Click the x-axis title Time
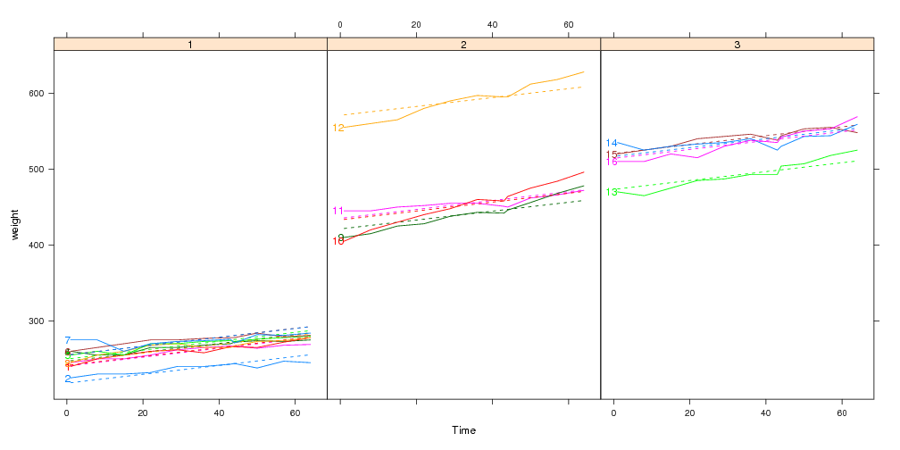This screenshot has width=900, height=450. [463, 430]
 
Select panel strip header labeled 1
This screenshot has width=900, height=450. [190, 44]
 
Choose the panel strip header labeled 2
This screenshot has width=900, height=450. [463, 44]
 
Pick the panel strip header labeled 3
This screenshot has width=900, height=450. [737, 44]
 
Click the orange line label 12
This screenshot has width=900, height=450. [338, 129]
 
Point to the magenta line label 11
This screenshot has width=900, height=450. [338, 212]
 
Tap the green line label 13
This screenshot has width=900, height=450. [612, 193]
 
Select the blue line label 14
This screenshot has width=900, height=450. [612, 144]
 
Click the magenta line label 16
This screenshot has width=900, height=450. [612, 162]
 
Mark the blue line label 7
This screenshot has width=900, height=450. [67, 341]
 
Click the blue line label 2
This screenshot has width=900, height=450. [67, 379]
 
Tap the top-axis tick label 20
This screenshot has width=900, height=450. [416, 24]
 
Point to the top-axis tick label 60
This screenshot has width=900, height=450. [569, 24]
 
